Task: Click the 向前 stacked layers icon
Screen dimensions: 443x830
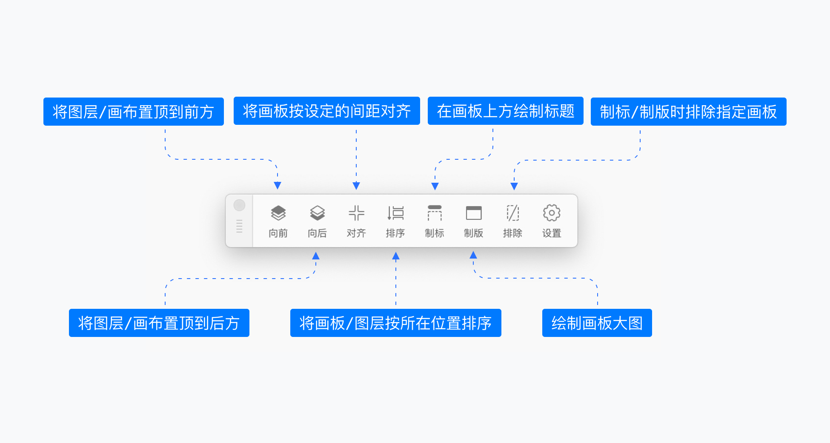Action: [x=278, y=213]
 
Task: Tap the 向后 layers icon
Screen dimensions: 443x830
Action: [x=318, y=213]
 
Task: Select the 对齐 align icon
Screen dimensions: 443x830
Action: [x=356, y=213]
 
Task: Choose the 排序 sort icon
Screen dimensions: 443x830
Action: [x=395, y=213]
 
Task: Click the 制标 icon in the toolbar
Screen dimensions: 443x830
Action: [x=435, y=213]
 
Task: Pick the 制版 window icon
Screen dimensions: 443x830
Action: [x=474, y=213]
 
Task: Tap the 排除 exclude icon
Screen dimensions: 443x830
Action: [x=512, y=213]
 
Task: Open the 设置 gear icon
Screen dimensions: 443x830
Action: [x=552, y=213]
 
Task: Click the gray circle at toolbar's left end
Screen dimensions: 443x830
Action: [x=240, y=205]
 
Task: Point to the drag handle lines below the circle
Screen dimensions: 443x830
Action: [x=239, y=226]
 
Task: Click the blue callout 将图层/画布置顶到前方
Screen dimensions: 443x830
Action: [x=134, y=112]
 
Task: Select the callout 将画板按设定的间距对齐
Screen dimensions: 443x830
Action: [x=327, y=111]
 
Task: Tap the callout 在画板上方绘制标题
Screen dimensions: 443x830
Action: [x=506, y=111]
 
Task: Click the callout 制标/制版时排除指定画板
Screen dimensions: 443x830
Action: [x=689, y=112]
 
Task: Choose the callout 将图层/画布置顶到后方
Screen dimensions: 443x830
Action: [x=159, y=323]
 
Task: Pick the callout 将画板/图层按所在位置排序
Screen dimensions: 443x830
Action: [x=396, y=323]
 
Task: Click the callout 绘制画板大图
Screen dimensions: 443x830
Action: [x=597, y=323]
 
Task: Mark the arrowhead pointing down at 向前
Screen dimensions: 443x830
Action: [x=278, y=186]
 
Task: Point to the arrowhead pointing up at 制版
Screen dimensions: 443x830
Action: [x=473, y=255]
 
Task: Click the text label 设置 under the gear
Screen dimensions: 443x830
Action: [x=552, y=233]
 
